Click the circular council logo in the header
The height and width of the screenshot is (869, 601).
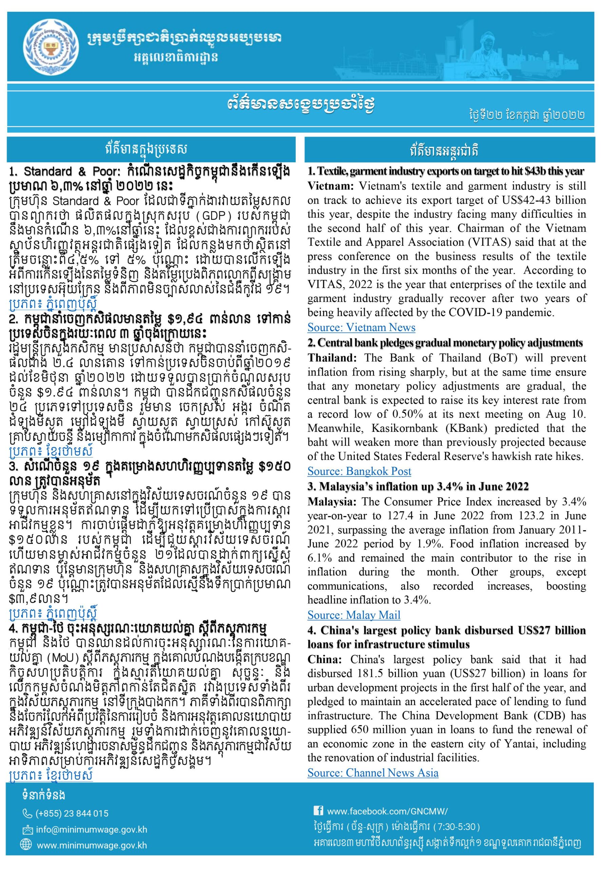point(49,47)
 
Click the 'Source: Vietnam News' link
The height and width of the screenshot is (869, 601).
point(361,327)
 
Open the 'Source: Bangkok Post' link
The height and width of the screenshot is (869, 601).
point(359,471)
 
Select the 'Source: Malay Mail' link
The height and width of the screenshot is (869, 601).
point(354,615)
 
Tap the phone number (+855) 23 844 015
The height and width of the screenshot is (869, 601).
point(72,814)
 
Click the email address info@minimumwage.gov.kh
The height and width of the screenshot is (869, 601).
point(92,830)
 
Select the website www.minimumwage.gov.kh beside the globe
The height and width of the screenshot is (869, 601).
point(92,846)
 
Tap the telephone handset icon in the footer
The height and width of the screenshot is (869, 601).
point(27,814)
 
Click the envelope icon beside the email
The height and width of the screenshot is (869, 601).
point(27,830)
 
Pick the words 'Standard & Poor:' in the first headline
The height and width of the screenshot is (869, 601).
point(72,172)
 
